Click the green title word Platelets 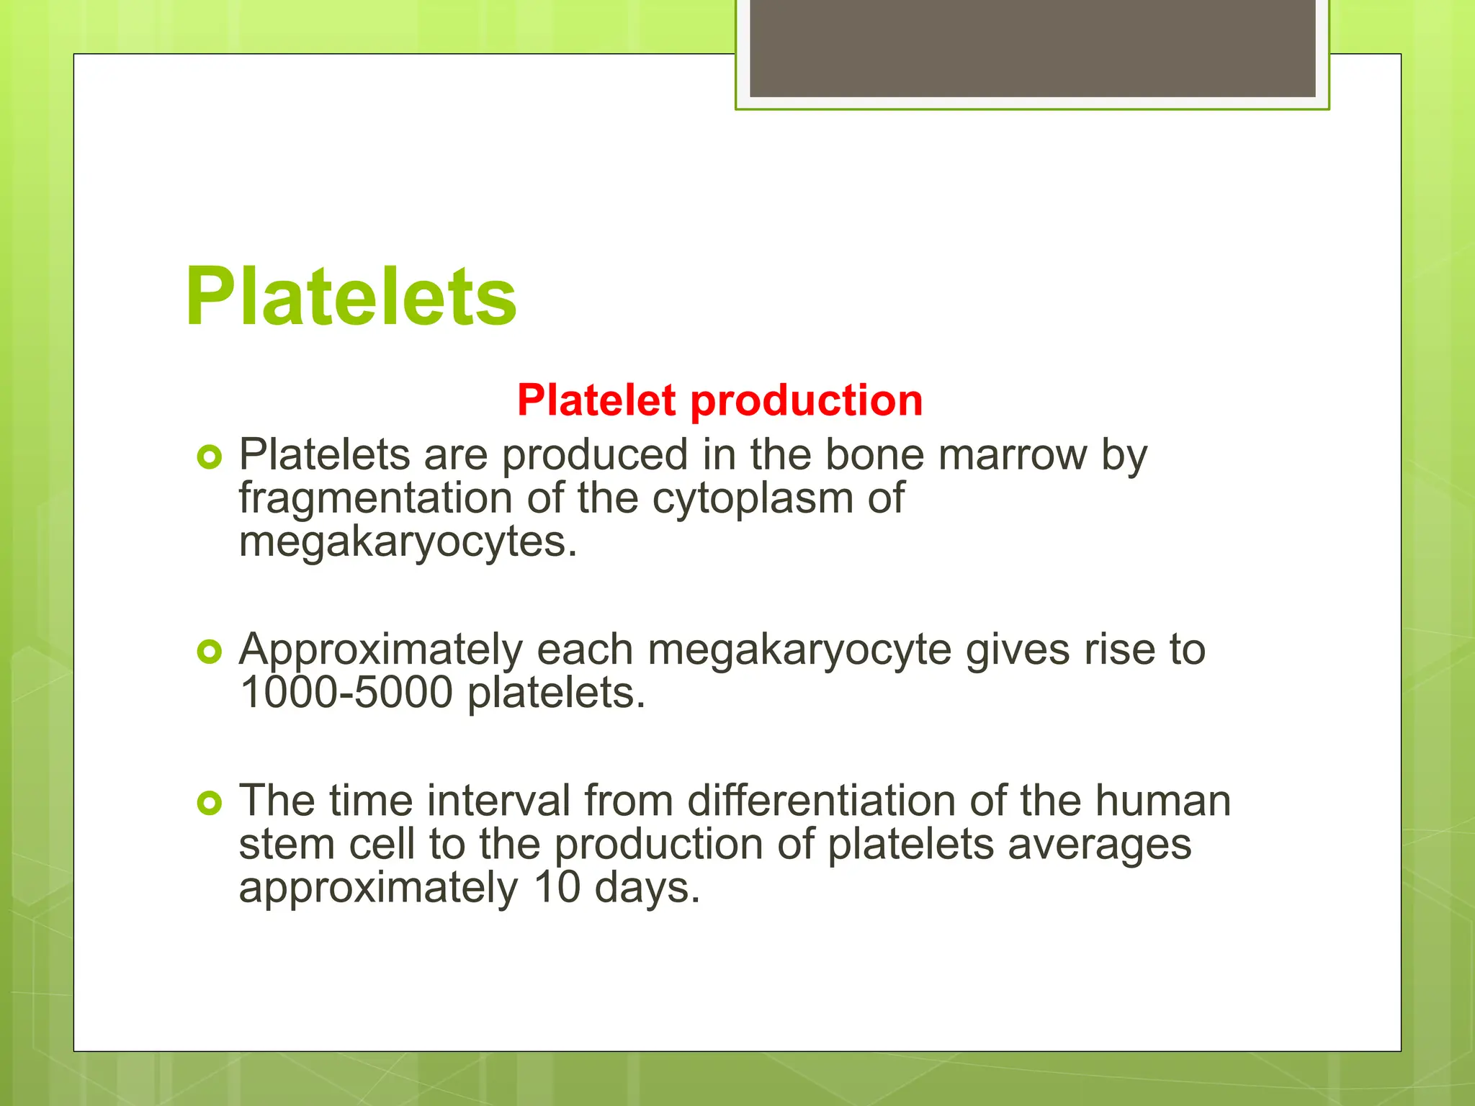coord(351,297)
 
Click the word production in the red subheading coord(806,400)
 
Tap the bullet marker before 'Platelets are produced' coord(209,457)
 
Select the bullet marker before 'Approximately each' coord(209,652)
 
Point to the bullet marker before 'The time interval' coord(209,803)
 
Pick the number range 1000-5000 coord(346,693)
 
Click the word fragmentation coord(375,498)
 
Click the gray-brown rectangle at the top coord(1032,48)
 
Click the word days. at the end coord(647,889)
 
